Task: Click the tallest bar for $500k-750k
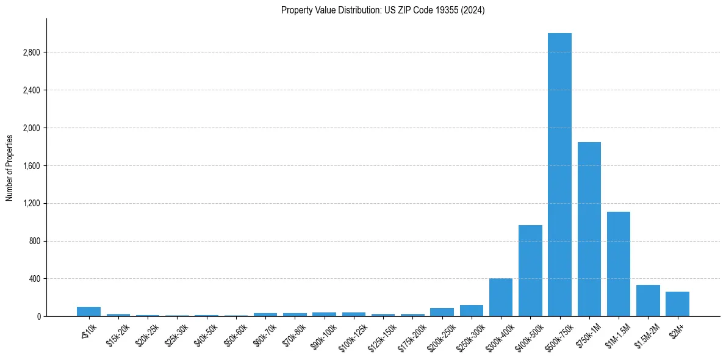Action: (559, 175)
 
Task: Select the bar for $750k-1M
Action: (589, 229)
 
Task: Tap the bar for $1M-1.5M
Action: (619, 264)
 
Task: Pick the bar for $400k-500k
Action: (530, 270)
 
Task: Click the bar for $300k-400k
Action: (501, 297)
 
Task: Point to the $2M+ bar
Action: (677, 304)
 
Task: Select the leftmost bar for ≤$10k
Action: (88, 311)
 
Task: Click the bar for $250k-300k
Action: (472, 311)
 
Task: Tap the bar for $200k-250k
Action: (442, 312)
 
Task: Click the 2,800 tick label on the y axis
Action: (31, 52)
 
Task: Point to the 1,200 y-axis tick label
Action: (31, 203)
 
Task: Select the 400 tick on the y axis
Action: (34, 279)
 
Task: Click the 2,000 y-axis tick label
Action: (31, 128)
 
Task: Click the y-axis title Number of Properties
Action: (10, 167)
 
